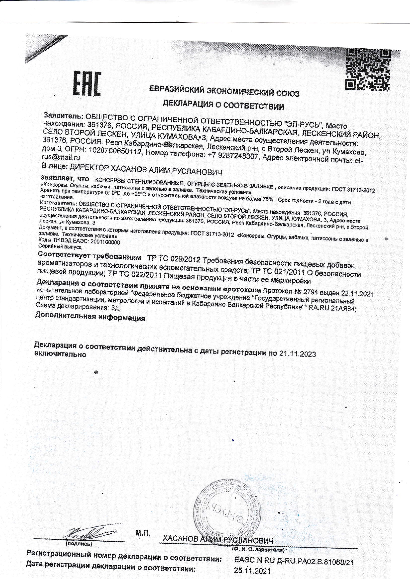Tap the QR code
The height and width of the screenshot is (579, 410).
(x=367, y=69)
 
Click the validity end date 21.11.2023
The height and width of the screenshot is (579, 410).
(x=297, y=354)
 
